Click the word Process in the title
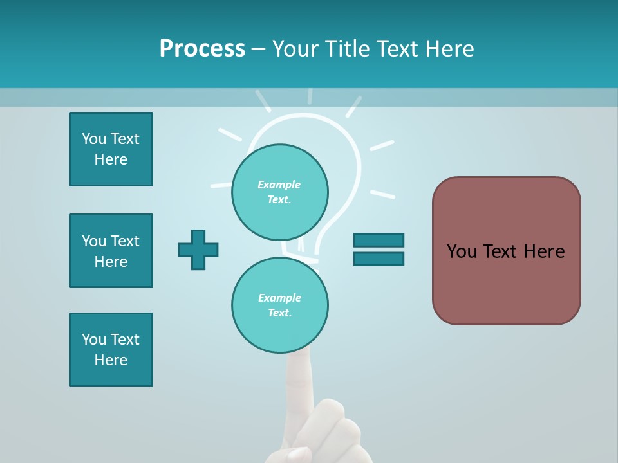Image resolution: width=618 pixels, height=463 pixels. [x=202, y=49]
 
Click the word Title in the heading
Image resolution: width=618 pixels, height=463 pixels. [x=348, y=49]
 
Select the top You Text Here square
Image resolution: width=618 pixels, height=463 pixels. [x=111, y=149]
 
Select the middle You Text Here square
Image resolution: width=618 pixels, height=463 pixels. [x=111, y=251]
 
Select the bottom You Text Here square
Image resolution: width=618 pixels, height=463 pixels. [x=111, y=350]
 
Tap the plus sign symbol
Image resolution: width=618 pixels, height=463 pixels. [x=198, y=250]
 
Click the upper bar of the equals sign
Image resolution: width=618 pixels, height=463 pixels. [x=379, y=240]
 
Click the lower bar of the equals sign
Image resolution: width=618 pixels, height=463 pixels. [x=379, y=259]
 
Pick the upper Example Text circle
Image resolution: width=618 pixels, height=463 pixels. [x=279, y=192]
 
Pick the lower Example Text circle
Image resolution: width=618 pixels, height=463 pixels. [x=279, y=305]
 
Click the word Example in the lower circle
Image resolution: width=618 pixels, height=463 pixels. [x=279, y=298]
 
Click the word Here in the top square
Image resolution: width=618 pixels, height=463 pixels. [x=111, y=159]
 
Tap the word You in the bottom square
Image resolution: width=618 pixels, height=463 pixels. [x=94, y=340]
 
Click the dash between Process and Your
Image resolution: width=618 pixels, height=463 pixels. [x=259, y=49]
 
